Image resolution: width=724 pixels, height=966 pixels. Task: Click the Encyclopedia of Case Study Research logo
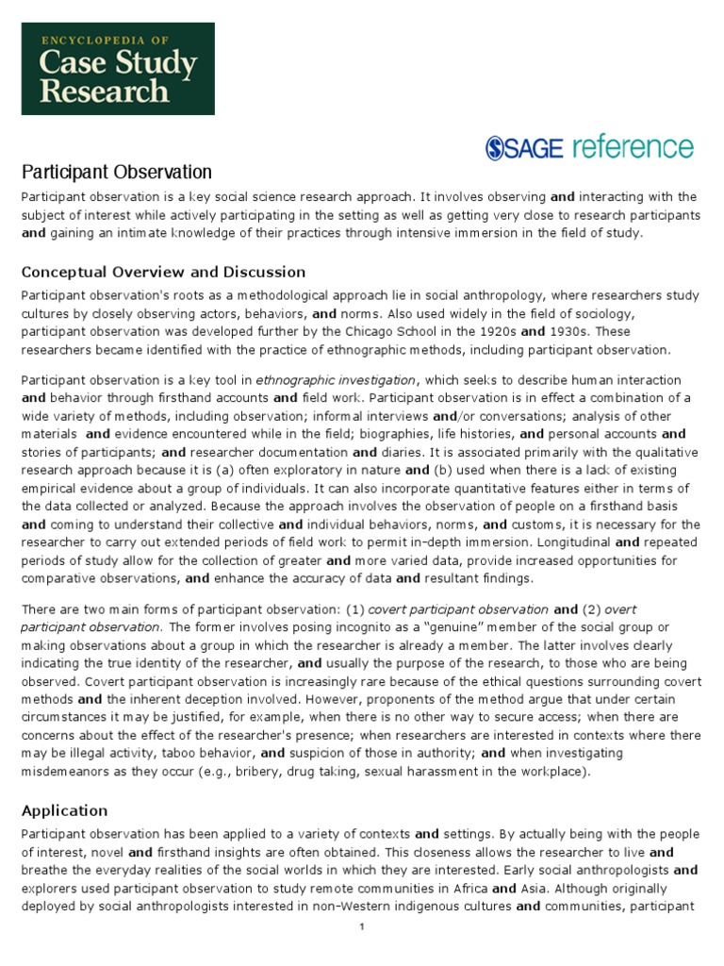(118, 69)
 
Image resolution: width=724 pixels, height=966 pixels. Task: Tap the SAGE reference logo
(589, 147)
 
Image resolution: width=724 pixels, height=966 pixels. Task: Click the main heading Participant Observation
(117, 172)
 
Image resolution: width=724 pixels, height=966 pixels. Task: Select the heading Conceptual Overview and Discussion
(163, 272)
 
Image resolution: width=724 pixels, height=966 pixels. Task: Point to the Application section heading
(65, 810)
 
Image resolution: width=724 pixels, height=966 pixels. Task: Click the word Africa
(466, 889)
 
